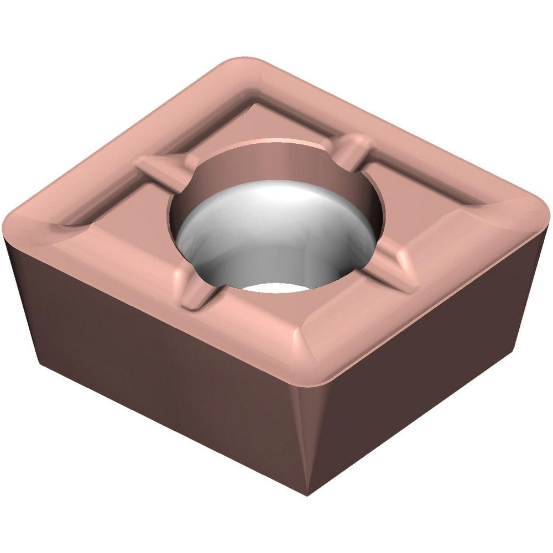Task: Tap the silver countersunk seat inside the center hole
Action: point(276,232)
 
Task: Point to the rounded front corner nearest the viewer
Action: point(310,365)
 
